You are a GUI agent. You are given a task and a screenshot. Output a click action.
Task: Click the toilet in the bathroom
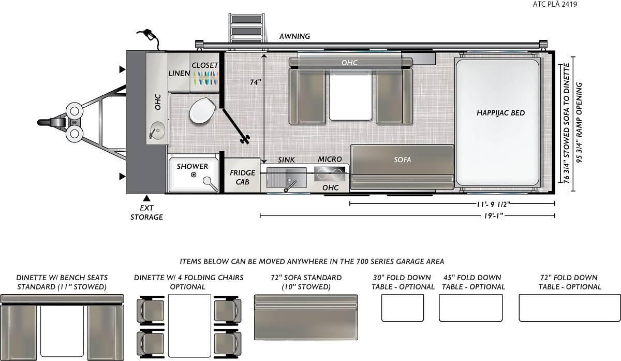point(202,111)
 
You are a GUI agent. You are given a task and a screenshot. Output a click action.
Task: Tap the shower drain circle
point(194,175)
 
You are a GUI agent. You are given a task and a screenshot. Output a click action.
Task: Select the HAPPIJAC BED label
point(500,113)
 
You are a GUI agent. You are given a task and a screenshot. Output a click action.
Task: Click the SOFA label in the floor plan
point(402,160)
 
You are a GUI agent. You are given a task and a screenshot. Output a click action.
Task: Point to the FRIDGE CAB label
point(242,177)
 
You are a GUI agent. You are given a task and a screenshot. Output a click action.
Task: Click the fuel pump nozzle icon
point(149,37)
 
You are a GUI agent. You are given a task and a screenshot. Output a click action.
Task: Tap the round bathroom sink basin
point(157,131)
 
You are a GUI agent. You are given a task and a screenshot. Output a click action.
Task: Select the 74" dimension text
point(255,82)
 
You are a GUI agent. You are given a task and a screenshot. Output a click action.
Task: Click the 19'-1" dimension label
point(494,215)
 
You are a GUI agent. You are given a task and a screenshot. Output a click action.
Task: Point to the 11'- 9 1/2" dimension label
point(493,205)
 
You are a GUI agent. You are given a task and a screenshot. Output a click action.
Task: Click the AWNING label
point(294,36)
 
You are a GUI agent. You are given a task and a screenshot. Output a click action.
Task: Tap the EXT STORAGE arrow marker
point(146,198)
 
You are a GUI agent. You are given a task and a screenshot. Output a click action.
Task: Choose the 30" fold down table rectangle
point(403,308)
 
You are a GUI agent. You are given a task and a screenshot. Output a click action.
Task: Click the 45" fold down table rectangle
point(471,308)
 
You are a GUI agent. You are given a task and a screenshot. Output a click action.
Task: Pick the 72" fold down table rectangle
point(570,308)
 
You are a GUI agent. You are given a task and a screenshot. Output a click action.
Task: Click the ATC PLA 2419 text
point(555,4)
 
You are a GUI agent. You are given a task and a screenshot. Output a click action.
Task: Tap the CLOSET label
point(205,65)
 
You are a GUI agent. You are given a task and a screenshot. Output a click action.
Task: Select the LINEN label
point(179,73)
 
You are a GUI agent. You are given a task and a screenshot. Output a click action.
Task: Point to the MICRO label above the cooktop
point(330,160)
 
